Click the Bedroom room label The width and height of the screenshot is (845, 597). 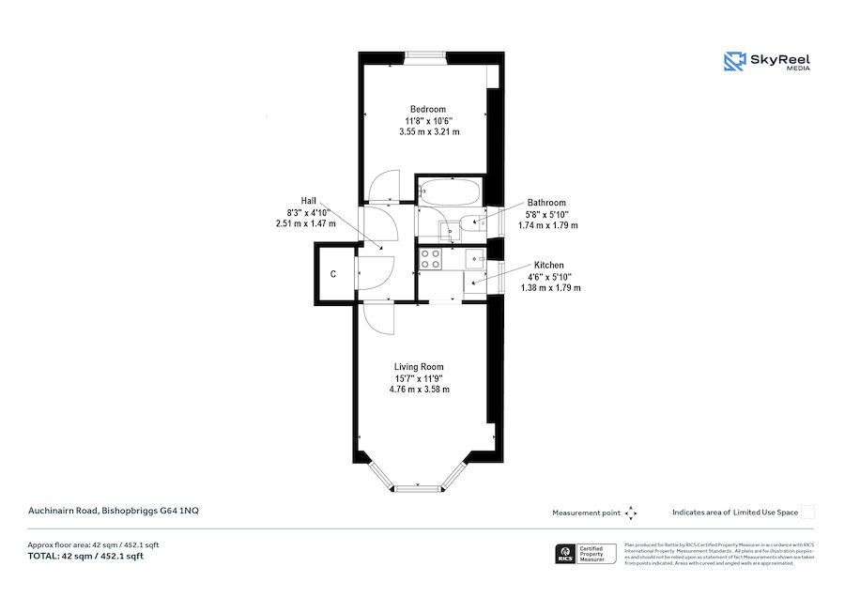[427, 109]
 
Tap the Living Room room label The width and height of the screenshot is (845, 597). [419, 367]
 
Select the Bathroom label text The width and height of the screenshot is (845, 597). [546, 203]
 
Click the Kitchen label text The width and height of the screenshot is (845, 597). [549, 266]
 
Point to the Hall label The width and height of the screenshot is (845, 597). [308, 201]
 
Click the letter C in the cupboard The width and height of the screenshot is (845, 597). [333, 275]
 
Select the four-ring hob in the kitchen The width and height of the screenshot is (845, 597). [431, 259]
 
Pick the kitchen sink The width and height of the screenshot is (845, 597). [474, 258]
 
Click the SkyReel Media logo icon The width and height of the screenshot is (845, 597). [733, 61]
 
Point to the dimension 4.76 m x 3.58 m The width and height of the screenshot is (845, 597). [419, 389]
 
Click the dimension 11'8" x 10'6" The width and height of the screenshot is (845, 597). [427, 121]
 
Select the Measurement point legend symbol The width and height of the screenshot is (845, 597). [631, 513]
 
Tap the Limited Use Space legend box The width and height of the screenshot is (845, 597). [807, 512]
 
